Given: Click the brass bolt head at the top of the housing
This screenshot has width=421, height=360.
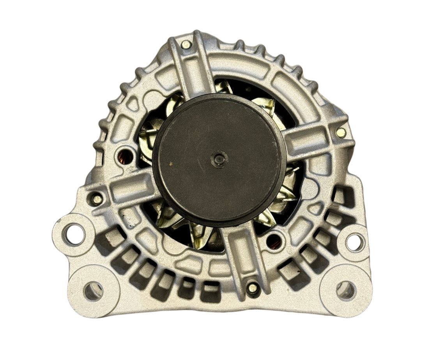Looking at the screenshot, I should [186, 44].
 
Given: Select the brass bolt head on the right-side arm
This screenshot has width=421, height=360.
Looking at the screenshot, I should [341, 132].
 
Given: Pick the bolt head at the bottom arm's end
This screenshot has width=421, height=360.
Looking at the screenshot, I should [253, 288].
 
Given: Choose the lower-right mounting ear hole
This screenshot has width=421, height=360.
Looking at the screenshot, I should [345, 290].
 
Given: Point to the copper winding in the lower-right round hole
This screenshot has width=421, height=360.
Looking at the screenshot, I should [274, 242].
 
